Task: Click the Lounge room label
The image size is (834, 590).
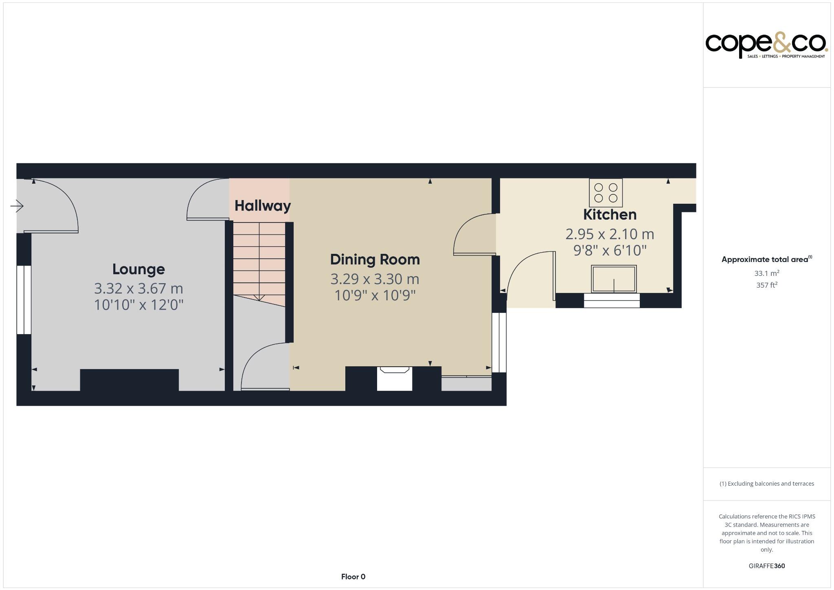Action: pos(138,269)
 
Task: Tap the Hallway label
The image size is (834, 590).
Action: pos(263,206)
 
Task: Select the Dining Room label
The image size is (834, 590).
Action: pos(375,260)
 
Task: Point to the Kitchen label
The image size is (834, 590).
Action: pos(610,215)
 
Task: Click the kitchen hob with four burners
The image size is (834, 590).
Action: pos(606,193)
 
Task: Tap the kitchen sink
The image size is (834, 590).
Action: pos(614,279)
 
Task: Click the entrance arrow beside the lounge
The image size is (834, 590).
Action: pos(17,206)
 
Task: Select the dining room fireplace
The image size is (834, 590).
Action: pos(394,379)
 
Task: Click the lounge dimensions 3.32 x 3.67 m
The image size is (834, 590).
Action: pos(138,288)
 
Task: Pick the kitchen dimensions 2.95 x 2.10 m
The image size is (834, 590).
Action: pos(610,234)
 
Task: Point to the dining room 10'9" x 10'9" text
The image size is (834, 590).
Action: pos(375,295)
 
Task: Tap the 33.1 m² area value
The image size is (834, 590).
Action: pos(767,273)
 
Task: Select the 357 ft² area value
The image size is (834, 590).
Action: pos(767,285)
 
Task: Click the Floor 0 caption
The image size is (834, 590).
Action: pos(353,577)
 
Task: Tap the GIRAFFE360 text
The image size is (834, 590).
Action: pos(767,566)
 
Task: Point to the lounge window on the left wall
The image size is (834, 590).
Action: pos(24,300)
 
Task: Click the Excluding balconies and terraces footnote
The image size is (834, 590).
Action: pos(767,484)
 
